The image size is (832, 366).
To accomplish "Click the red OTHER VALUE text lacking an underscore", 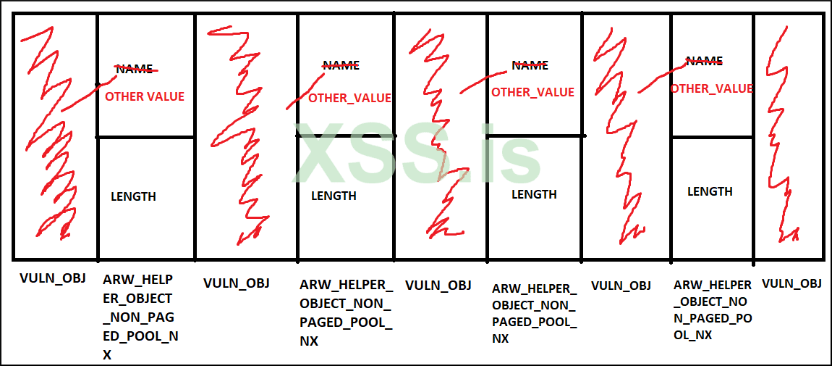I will click(x=145, y=96).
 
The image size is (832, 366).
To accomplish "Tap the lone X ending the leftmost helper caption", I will click(x=107, y=354).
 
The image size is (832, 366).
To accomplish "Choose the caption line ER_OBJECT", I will click(x=137, y=298).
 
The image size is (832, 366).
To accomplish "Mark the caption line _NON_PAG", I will click(x=138, y=317).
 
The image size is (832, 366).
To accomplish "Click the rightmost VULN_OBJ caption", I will click(x=791, y=283).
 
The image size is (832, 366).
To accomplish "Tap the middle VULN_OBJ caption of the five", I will click(x=438, y=285).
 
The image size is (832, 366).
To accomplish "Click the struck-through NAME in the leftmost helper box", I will click(x=135, y=70).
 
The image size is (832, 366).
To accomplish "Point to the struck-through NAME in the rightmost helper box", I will click(x=704, y=62).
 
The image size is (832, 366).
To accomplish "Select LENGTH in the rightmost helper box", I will click(x=710, y=191).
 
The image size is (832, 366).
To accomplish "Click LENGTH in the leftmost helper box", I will click(x=133, y=196).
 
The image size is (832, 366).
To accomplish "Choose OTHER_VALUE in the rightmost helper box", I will click(x=711, y=88).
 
